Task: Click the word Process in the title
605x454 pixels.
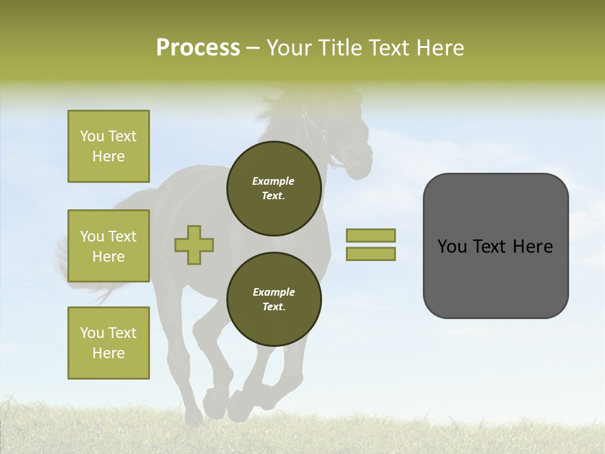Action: pyautogui.click(x=198, y=48)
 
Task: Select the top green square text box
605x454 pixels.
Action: pyautogui.click(x=108, y=146)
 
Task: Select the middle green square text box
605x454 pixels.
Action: pyautogui.click(x=108, y=246)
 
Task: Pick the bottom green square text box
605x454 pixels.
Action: pyautogui.click(x=108, y=343)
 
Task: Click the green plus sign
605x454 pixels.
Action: pyautogui.click(x=194, y=245)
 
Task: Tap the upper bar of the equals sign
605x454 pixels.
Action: pyautogui.click(x=371, y=235)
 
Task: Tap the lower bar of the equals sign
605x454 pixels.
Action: pyautogui.click(x=371, y=254)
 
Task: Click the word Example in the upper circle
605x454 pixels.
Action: pyautogui.click(x=274, y=181)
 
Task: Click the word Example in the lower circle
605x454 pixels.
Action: pyautogui.click(x=274, y=292)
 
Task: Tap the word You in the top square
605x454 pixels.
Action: pyautogui.click(x=91, y=136)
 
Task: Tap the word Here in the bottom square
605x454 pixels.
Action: pyautogui.click(x=108, y=353)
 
